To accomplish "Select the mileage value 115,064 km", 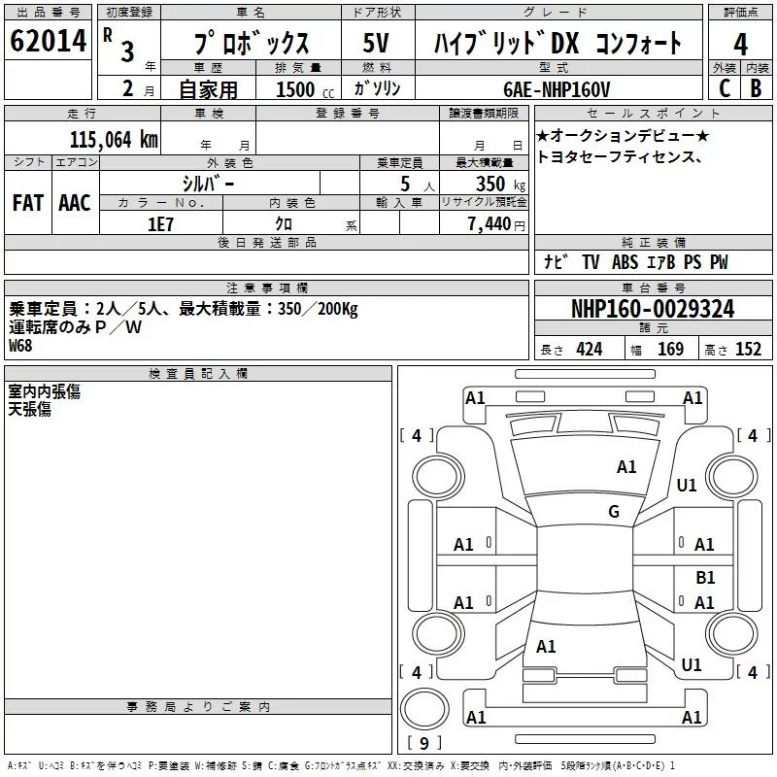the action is [114, 139].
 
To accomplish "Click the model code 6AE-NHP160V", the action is [557, 88].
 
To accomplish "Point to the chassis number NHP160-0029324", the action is [653, 309].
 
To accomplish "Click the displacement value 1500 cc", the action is [301, 88].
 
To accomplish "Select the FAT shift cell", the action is [28, 203].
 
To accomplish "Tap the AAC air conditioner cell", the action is [75, 203].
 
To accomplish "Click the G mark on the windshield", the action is [614, 511].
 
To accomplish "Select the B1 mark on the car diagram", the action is [705, 577].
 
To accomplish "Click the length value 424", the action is [589, 350].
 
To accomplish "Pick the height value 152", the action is [748, 350].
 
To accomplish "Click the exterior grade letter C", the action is [724, 88].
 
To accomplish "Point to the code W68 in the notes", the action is [20, 345].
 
